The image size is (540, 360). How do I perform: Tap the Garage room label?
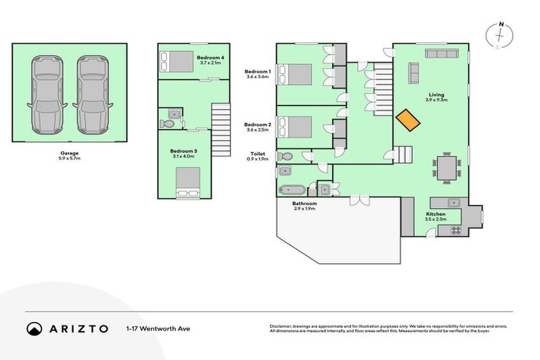[68, 154]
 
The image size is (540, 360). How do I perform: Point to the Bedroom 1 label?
[257, 74]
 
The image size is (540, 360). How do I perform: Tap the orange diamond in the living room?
[407, 120]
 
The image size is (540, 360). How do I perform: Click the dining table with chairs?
[446, 168]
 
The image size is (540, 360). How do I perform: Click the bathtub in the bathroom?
[292, 191]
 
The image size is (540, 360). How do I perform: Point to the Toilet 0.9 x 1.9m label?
[257, 156]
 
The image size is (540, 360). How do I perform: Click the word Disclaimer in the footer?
[282, 326]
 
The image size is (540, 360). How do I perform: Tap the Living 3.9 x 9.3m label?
[437, 97]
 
